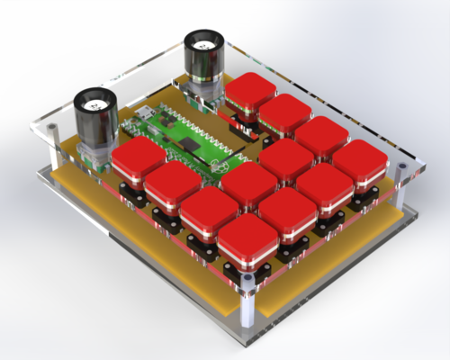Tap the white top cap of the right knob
coord(204,41)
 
